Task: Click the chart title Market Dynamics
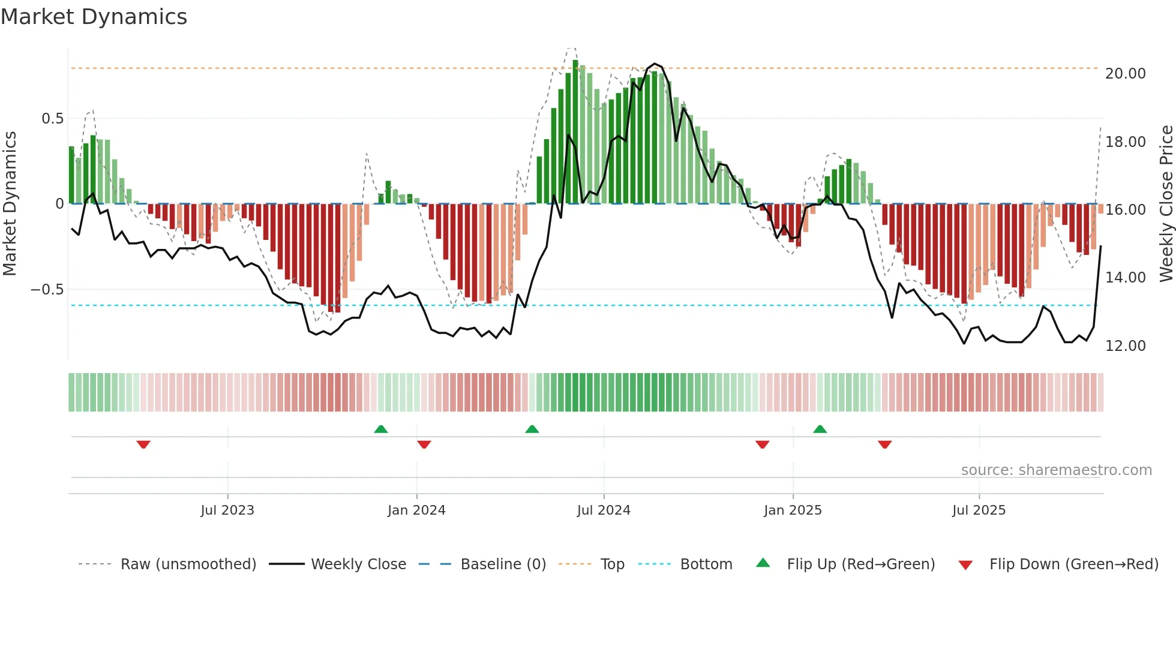(x=94, y=17)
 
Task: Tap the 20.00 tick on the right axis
(x=1125, y=74)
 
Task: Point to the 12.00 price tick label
(x=1125, y=346)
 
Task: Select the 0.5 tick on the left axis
(x=52, y=119)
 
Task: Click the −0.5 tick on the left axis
(x=47, y=290)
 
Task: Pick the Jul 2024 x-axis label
(x=604, y=510)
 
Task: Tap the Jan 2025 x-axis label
(x=793, y=510)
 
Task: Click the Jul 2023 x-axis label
(x=227, y=510)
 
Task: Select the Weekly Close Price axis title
(x=1166, y=204)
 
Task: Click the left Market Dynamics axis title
(x=10, y=204)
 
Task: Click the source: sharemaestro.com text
(x=1056, y=470)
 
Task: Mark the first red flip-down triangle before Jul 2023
(x=143, y=444)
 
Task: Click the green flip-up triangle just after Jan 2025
(x=820, y=429)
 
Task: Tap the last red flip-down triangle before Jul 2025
(x=884, y=444)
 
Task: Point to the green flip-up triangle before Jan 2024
(x=380, y=429)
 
